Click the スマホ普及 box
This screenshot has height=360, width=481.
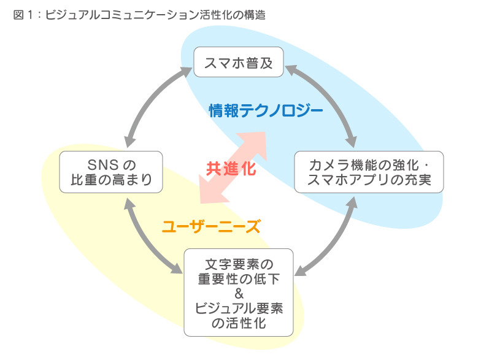click(239, 62)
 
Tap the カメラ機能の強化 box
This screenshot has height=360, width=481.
click(369, 172)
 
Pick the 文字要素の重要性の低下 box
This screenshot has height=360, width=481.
click(239, 292)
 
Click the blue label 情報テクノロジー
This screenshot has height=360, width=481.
click(266, 110)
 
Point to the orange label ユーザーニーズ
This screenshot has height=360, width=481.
click(212, 226)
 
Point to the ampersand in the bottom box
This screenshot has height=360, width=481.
click(239, 293)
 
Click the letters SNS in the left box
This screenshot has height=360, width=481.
click(102, 164)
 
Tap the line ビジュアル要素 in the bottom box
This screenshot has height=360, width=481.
click(239, 308)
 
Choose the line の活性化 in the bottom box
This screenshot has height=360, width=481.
click(239, 323)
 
